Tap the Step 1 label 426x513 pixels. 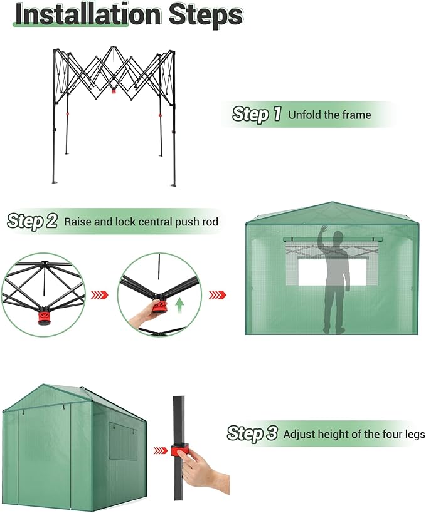click(257, 115)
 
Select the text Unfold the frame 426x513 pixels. click(329, 115)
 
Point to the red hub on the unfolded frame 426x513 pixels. click(114, 90)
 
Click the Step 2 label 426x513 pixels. click(33, 221)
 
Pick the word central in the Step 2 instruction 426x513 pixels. click(157, 222)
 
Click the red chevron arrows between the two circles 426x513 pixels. click(100, 294)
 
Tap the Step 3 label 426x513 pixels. click(252, 433)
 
